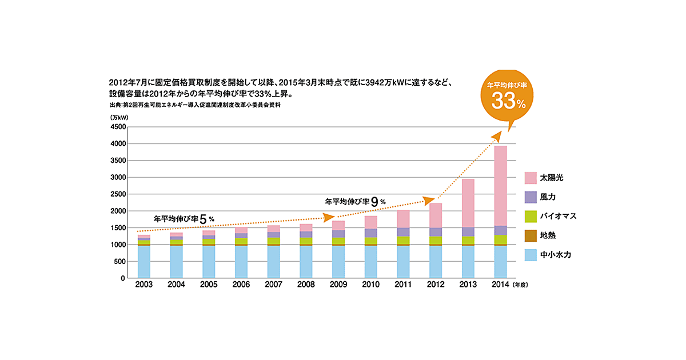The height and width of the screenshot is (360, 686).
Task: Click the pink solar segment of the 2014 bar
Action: (x=500, y=186)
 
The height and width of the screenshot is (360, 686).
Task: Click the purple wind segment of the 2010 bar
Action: (x=370, y=233)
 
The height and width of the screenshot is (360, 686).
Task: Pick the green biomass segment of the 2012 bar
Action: (x=435, y=240)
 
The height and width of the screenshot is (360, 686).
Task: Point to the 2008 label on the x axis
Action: (x=306, y=285)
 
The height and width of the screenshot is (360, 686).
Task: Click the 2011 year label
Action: (x=402, y=285)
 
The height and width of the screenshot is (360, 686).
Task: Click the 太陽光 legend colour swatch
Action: (x=530, y=178)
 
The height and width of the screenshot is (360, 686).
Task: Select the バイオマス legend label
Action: (x=557, y=216)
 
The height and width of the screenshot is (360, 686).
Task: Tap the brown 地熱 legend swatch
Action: (x=530, y=235)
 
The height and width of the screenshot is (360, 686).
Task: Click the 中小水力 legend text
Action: (x=555, y=255)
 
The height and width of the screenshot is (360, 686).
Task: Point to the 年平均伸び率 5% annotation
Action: (x=184, y=218)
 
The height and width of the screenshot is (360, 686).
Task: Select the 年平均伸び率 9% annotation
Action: (x=355, y=201)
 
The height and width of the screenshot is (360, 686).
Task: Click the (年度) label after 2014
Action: (x=523, y=285)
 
